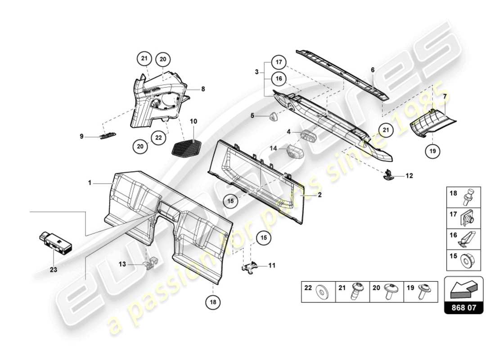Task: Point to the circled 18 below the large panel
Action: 213,302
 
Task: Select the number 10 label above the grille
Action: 193,121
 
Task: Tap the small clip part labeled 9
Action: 107,136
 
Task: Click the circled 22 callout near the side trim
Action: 158,138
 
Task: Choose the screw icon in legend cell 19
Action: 424,292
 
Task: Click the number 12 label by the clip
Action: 409,176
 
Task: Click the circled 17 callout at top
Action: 279,63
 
